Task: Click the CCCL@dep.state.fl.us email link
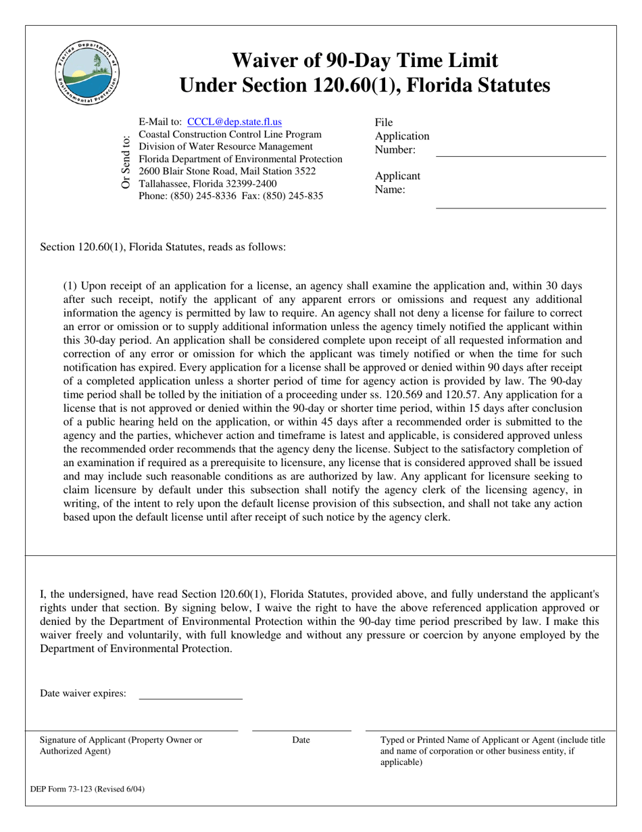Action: click(x=234, y=122)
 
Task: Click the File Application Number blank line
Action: click(x=520, y=156)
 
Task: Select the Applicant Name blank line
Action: click(x=520, y=208)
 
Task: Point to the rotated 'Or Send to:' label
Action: click(x=126, y=162)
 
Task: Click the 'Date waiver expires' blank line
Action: click(x=190, y=698)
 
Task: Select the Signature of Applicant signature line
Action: click(x=132, y=730)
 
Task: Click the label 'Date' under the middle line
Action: click(x=301, y=740)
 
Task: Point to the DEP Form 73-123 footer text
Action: click(x=87, y=789)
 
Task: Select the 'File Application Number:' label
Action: click(x=401, y=136)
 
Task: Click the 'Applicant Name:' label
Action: click(x=397, y=183)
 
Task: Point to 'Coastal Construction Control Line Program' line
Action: click(x=230, y=135)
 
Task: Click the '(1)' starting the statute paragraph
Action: click(x=70, y=286)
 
